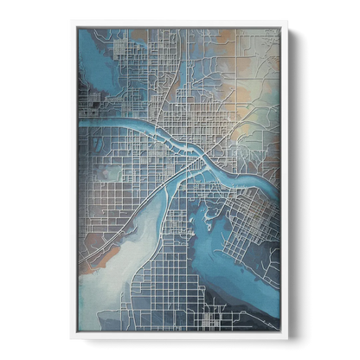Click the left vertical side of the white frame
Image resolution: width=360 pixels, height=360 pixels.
71,180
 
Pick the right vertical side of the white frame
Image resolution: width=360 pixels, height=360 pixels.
286,180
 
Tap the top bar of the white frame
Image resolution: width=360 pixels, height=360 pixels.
179,22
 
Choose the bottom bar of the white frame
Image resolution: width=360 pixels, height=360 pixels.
179,338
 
